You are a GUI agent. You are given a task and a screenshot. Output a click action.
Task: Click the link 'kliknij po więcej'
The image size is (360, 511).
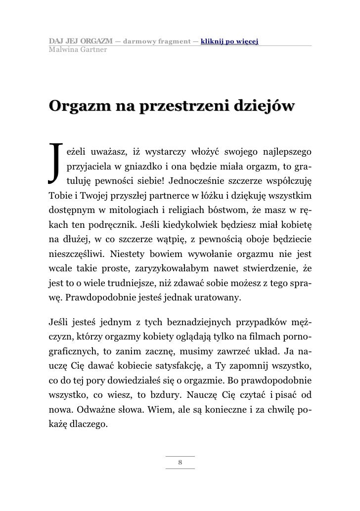point(230,40)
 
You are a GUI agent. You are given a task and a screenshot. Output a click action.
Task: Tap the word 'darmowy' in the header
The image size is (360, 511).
point(138,40)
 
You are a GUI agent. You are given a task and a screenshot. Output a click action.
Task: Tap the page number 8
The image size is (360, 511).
point(180,462)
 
